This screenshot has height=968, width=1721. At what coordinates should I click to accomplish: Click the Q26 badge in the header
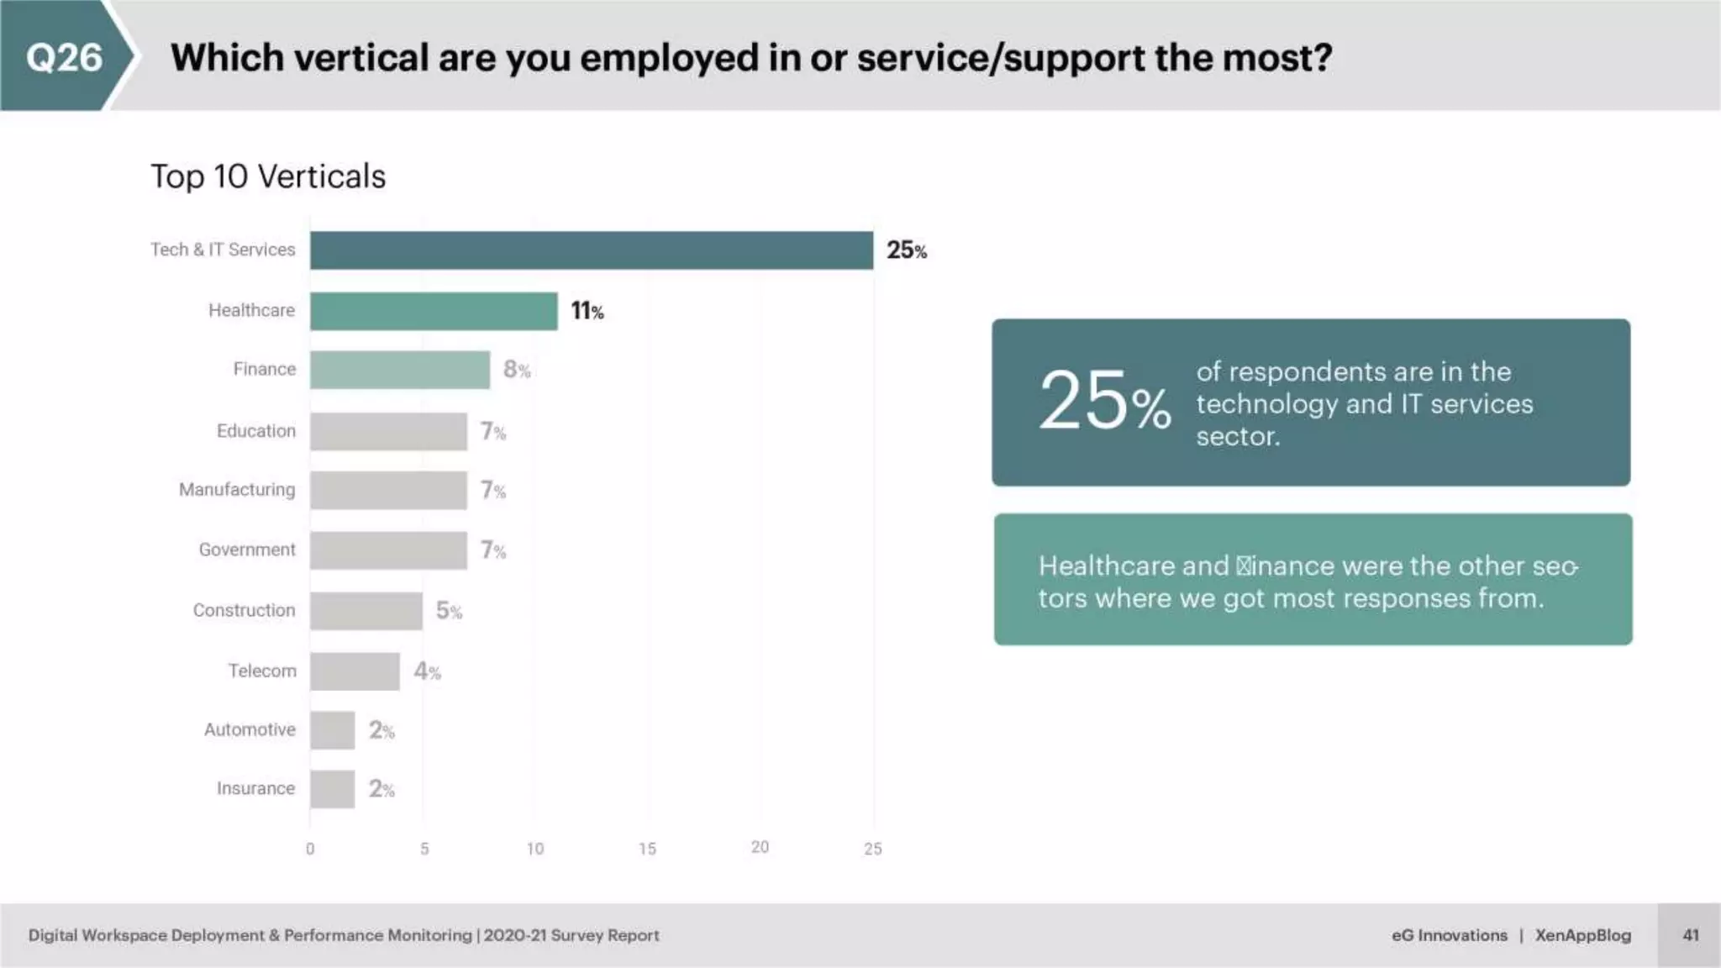coord(64,57)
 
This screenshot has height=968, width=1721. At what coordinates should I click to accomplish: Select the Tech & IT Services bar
coord(591,250)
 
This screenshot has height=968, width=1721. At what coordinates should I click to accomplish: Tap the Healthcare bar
coord(433,311)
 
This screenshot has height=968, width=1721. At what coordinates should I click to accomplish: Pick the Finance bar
coord(399,370)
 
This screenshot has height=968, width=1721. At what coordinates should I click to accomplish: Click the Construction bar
coord(366,611)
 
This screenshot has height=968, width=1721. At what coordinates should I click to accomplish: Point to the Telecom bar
coord(355,671)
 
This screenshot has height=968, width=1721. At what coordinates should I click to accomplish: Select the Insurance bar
coord(332,789)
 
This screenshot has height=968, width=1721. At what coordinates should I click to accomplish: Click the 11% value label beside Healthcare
coord(587,311)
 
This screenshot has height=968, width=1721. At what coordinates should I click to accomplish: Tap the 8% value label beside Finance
coord(516,370)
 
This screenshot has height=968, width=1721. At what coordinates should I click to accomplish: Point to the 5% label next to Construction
coord(448,611)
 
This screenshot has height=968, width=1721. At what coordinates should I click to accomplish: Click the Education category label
coord(256,431)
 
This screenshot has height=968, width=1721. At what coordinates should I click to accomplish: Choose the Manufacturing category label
coord(237,490)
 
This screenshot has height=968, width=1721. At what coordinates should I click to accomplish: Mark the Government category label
coord(247,550)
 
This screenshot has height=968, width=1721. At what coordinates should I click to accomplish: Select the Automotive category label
coord(250,729)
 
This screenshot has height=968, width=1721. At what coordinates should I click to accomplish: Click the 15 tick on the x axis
coord(647,849)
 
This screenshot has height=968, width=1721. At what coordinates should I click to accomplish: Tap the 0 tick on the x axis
coord(310,849)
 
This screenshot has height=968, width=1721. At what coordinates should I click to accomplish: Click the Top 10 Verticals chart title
coord(268,176)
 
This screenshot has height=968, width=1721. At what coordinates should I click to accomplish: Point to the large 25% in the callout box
coord(1103,402)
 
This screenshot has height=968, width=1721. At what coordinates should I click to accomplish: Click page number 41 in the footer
coord(1691,935)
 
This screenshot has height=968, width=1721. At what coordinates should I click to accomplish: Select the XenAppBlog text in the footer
coord(1582,935)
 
